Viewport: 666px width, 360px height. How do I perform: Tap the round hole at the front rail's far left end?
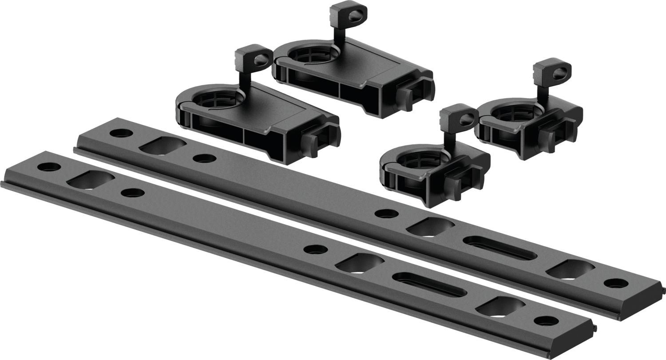(49, 167)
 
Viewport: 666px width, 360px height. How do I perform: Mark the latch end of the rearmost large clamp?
(417, 93)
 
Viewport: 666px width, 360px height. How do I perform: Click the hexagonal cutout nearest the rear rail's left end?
(163, 146)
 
